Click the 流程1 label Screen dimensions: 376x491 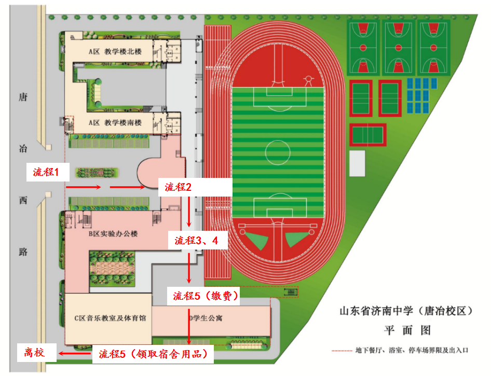pos(47,173)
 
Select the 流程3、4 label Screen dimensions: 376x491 pos(196,240)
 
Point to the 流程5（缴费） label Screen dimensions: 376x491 pos(206,296)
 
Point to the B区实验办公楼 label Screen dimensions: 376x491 pos(113,234)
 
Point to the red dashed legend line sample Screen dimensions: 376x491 pos(343,351)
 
